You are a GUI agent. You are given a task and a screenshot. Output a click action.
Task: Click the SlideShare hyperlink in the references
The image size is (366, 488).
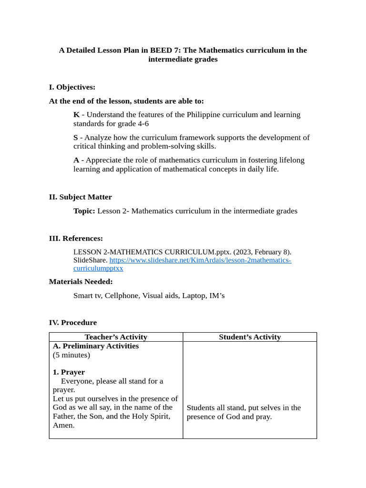[x=200, y=260]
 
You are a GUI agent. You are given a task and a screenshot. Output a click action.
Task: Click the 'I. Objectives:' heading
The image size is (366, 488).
[x=72, y=87]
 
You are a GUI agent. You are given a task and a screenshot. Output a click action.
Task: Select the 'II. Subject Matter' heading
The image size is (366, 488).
[x=80, y=197]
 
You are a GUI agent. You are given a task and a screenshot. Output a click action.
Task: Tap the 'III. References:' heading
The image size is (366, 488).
[x=76, y=238]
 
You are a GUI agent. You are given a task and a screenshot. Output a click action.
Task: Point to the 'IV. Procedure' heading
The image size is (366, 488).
[x=72, y=323]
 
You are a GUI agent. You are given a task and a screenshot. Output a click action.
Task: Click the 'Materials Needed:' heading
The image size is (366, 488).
[x=81, y=282]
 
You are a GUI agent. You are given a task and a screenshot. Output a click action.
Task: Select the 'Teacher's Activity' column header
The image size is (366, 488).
[x=116, y=337]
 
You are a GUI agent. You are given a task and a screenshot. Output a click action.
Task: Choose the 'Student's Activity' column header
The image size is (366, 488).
[x=250, y=337]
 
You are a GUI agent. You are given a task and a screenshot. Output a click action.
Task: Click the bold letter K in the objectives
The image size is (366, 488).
[x=76, y=115]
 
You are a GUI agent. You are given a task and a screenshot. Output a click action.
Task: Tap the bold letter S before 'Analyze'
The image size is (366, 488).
[x=76, y=138]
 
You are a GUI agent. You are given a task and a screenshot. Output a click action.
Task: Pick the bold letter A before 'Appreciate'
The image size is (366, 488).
[x=76, y=160]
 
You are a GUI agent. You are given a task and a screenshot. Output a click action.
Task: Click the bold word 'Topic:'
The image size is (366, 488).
[x=84, y=211]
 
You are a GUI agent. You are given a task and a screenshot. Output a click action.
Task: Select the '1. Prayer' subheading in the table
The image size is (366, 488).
[x=69, y=372]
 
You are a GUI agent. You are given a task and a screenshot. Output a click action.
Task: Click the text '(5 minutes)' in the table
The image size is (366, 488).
[x=71, y=355]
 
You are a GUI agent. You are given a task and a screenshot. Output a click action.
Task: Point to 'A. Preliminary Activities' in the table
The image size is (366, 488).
[x=96, y=346]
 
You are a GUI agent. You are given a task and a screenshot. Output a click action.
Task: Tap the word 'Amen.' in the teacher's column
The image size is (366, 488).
[x=64, y=425]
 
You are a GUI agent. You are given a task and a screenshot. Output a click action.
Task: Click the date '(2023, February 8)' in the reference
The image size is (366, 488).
[x=262, y=252]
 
